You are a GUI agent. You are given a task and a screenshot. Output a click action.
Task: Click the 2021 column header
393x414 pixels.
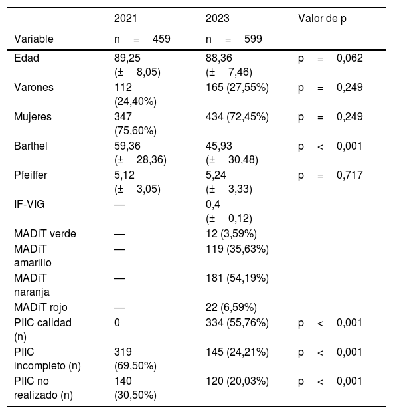tap(125, 19)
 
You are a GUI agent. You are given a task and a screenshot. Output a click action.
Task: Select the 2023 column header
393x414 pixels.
tap(218, 19)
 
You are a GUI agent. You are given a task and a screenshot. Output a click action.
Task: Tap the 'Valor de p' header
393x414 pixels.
tap(322, 19)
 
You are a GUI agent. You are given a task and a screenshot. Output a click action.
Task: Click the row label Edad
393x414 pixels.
tap(27, 58)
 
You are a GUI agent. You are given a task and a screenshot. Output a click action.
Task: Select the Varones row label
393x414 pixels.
tap(34, 88)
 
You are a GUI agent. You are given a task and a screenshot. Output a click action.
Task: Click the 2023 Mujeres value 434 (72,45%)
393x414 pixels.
tap(237, 117)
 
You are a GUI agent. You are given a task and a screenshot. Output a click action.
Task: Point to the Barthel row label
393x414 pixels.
tap(31, 146)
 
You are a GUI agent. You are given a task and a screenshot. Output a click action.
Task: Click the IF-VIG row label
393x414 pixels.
tap(29, 205)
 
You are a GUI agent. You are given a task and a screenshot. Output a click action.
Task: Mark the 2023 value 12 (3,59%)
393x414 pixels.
tap(231, 234)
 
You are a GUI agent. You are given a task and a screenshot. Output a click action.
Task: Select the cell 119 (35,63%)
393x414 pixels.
tap(237, 249)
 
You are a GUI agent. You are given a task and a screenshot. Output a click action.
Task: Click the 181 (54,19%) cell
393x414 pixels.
tap(237, 278)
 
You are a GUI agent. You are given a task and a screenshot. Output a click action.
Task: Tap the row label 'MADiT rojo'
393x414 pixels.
tap(40, 307)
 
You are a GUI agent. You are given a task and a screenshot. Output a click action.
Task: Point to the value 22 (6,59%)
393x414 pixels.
tap(231, 307)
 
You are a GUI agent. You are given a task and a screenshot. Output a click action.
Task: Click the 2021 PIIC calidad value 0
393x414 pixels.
tap(117, 323)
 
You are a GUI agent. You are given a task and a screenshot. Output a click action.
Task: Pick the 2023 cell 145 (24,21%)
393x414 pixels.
tap(237, 352)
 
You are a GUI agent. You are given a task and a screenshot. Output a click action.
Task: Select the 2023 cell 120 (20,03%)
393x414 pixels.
tap(237, 381)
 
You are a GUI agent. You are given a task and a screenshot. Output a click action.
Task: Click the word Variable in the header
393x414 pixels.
tap(34, 39)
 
